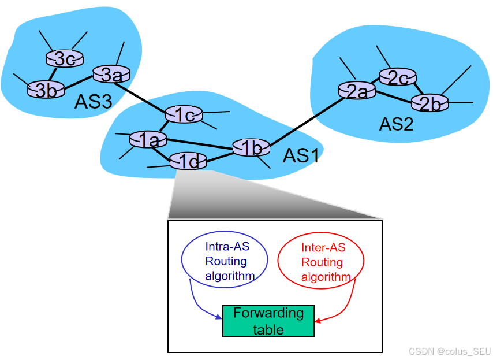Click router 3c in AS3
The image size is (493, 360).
65,58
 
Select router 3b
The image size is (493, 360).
46,90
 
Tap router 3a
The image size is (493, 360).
111,74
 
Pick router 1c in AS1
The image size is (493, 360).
184,115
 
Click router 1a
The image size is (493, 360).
148,139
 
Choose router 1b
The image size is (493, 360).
251,148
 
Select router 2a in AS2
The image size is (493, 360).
357,91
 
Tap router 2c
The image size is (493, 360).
398,77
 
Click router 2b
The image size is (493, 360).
430,103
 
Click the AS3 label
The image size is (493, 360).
92,102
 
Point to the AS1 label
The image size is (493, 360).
300,156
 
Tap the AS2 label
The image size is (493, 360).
396,124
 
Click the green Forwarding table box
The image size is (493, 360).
268,321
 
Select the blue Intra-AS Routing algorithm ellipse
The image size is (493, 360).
225,261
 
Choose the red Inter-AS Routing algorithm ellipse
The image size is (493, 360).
321,262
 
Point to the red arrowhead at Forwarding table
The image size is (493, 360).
318,320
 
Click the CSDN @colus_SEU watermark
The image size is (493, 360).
449,351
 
